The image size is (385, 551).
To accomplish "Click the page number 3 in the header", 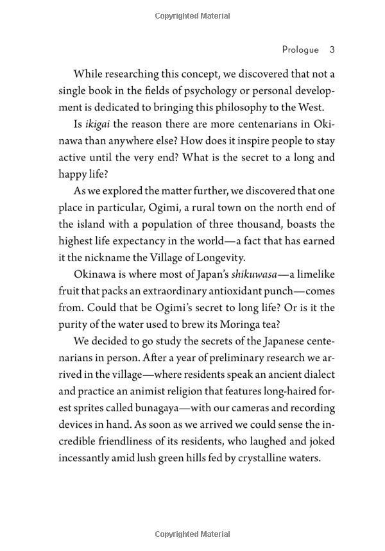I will click(x=332, y=49).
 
